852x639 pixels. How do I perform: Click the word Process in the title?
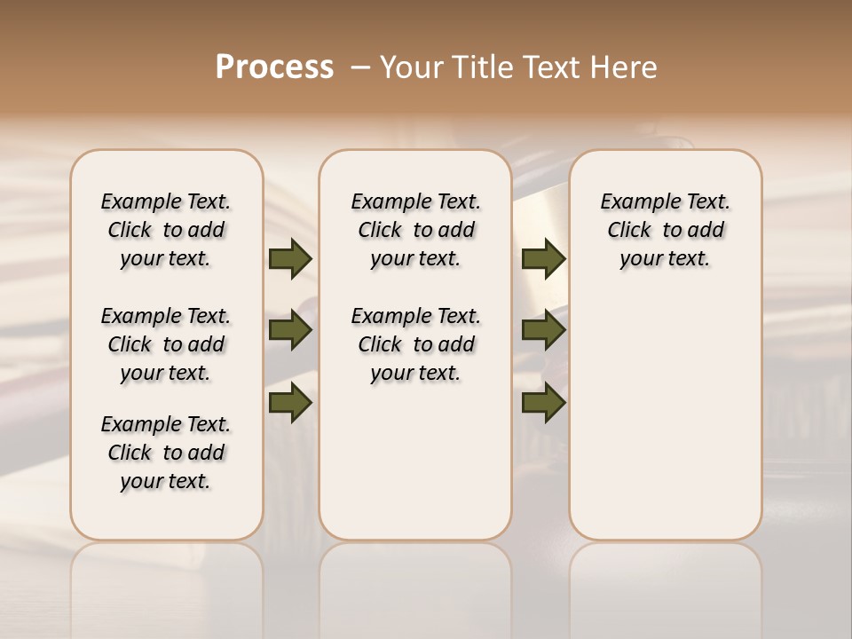274,67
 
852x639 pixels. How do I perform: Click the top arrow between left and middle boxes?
289,258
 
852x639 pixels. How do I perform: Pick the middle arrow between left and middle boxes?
289,331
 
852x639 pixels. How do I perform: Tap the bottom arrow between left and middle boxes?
289,403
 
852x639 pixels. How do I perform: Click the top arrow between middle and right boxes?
543,258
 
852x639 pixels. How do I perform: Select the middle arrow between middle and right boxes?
543,331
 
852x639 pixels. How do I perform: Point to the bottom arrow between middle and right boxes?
543,403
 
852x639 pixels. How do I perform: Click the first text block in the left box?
166,230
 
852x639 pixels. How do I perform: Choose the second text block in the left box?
166,344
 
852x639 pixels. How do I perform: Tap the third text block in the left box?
166,453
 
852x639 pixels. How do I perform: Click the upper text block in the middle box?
415,230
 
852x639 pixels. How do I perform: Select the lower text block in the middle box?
415,344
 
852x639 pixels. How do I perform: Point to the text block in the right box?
666,230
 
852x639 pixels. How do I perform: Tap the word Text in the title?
546,67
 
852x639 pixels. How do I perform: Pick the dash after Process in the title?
359,67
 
